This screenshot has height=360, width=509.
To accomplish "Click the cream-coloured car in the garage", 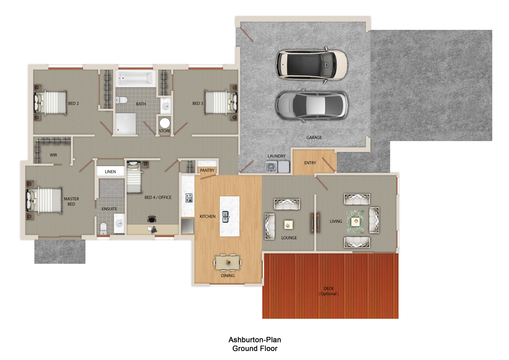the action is (x=312, y=65).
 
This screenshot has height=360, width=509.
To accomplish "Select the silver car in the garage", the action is (x=312, y=105).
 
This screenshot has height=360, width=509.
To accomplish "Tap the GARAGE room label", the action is (x=314, y=138).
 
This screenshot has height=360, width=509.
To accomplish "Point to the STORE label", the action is (x=165, y=131).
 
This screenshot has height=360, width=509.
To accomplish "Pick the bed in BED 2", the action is (x=51, y=103).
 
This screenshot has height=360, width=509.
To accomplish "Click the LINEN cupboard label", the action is (x=110, y=172).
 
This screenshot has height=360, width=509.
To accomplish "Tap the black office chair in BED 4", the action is (x=152, y=219).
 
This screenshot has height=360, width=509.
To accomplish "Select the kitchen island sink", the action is (x=225, y=217).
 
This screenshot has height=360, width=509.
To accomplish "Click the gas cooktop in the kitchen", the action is (x=189, y=198).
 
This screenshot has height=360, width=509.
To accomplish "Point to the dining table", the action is (x=227, y=263).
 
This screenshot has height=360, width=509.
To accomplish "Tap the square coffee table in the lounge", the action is (x=288, y=225).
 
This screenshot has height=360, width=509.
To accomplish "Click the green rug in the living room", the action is (x=355, y=222).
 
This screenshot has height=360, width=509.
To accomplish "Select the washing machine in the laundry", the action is (x=271, y=167).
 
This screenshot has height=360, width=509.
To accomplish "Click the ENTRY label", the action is (x=310, y=163).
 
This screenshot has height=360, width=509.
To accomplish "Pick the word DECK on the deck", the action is (x=328, y=288).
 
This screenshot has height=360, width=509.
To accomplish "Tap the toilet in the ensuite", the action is (x=103, y=229).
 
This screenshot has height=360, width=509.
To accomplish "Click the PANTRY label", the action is (x=207, y=170).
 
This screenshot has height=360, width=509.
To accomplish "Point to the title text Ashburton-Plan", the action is (x=255, y=340).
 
